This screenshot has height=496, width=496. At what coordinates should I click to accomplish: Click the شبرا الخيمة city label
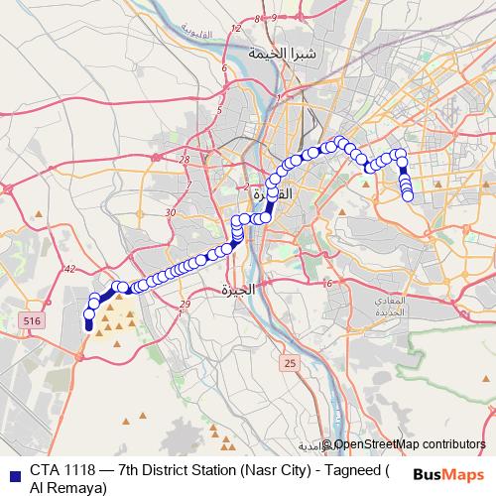click(x=284, y=54)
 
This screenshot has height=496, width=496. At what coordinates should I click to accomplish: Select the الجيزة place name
click(x=238, y=290)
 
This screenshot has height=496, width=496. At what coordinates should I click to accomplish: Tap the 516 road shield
click(x=32, y=320)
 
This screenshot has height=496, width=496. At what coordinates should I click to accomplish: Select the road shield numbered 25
click(x=289, y=364)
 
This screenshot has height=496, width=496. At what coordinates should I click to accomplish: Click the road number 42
click(x=68, y=269)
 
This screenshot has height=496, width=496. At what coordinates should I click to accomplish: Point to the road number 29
click(x=183, y=304)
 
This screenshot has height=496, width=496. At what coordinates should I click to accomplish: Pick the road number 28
click(x=185, y=159)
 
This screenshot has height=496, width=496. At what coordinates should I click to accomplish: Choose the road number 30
click(x=171, y=212)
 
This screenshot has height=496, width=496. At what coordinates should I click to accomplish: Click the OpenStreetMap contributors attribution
click(x=409, y=445)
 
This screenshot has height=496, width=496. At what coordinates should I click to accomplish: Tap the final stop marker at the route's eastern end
click(x=408, y=196)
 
